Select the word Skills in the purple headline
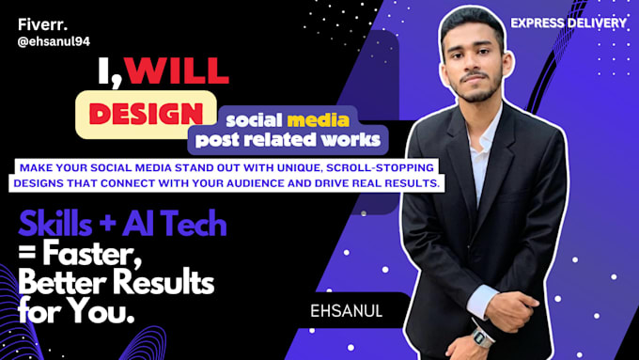pyautogui.click(x=55, y=226)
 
